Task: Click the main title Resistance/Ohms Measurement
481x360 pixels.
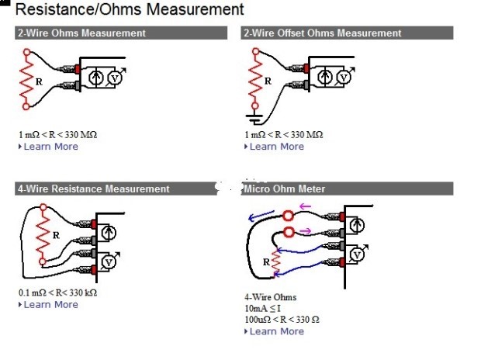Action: click(x=130, y=10)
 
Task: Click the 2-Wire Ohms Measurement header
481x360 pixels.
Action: click(x=81, y=33)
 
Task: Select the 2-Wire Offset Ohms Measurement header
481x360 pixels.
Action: click(x=322, y=33)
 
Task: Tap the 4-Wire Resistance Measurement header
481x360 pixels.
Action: click(x=93, y=189)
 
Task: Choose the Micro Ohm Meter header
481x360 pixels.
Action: click(x=284, y=189)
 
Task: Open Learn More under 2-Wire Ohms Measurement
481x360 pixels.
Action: click(x=50, y=147)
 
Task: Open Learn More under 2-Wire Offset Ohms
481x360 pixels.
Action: click(x=277, y=147)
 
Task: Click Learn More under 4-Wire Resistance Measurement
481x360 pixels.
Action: click(x=50, y=305)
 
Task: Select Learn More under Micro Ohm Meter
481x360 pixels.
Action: click(x=277, y=331)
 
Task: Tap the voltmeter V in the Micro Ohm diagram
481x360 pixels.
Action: click(x=356, y=254)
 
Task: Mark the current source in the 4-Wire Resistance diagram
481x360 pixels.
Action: click(x=109, y=231)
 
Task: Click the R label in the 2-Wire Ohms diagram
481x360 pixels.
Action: click(x=38, y=80)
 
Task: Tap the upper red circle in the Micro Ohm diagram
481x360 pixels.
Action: click(x=289, y=216)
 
